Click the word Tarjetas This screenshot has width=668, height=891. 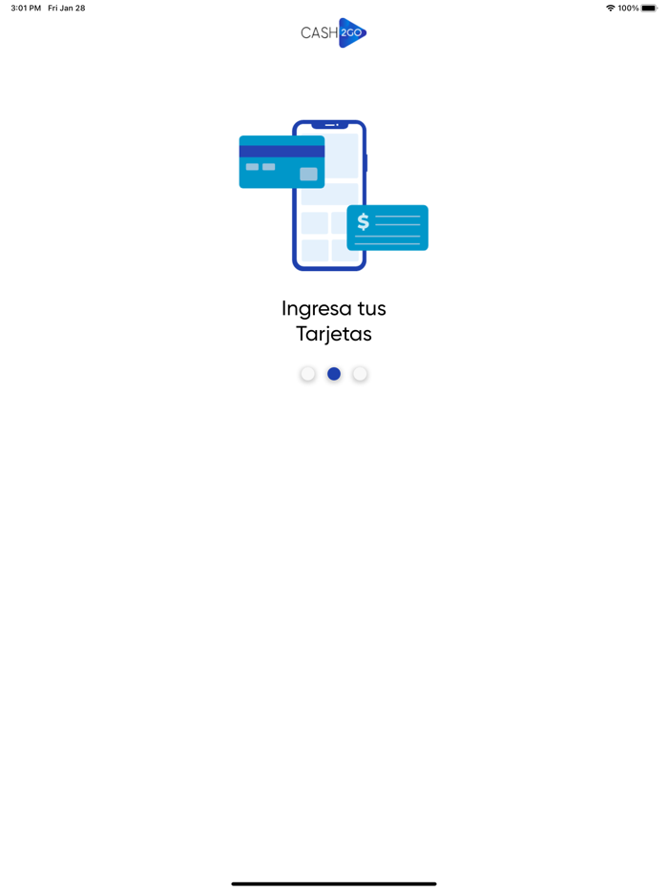(334, 334)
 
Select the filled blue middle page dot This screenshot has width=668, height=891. (334, 374)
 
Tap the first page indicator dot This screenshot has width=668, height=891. (307, 374)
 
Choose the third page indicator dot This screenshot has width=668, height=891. (360, 374)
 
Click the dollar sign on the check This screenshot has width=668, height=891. (363, 222)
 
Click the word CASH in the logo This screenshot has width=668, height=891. (319, 32)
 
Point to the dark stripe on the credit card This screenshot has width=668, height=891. (282, 151)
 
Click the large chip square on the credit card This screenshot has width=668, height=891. (308, 174)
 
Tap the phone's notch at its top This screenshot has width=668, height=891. (329, 125)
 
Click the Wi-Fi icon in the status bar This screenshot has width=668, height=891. (611, 8)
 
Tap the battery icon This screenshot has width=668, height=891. (649, 8)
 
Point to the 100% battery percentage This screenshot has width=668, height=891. (628, 8)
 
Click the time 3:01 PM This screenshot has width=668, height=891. (26, 8)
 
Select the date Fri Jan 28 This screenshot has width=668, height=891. (67, 8)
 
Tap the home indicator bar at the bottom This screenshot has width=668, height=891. (334, 883)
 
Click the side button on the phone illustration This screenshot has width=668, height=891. (366, 163)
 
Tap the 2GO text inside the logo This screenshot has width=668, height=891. (352, 32)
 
